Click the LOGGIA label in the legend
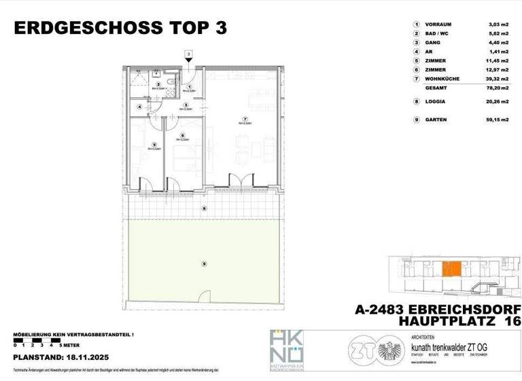436,102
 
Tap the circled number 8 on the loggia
203,209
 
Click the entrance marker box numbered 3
188,54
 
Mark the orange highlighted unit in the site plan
451,269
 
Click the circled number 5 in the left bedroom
155,144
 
